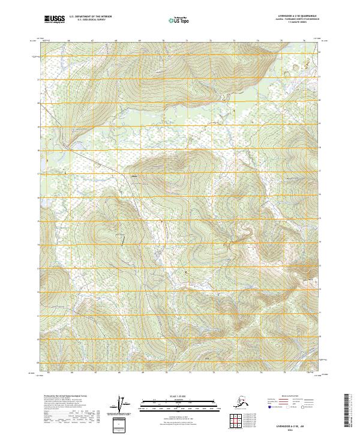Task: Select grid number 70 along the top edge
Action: (163, 41)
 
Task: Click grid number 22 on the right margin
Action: (320, 52)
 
